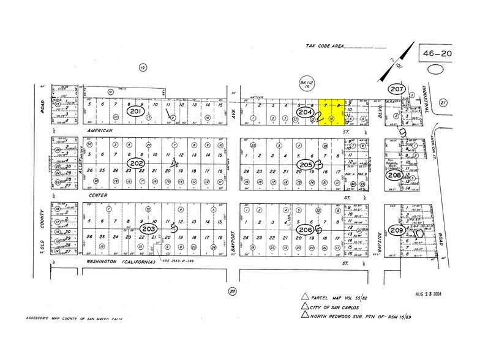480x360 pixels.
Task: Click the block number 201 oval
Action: pos(136,112)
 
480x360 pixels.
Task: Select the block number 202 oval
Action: pos(136,164)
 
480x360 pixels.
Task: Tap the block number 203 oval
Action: pos(148,228)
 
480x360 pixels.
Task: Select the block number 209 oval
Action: pos(396,231)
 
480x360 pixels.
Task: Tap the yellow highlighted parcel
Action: pos(332,113)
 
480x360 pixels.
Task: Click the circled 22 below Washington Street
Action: pos(231,291)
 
